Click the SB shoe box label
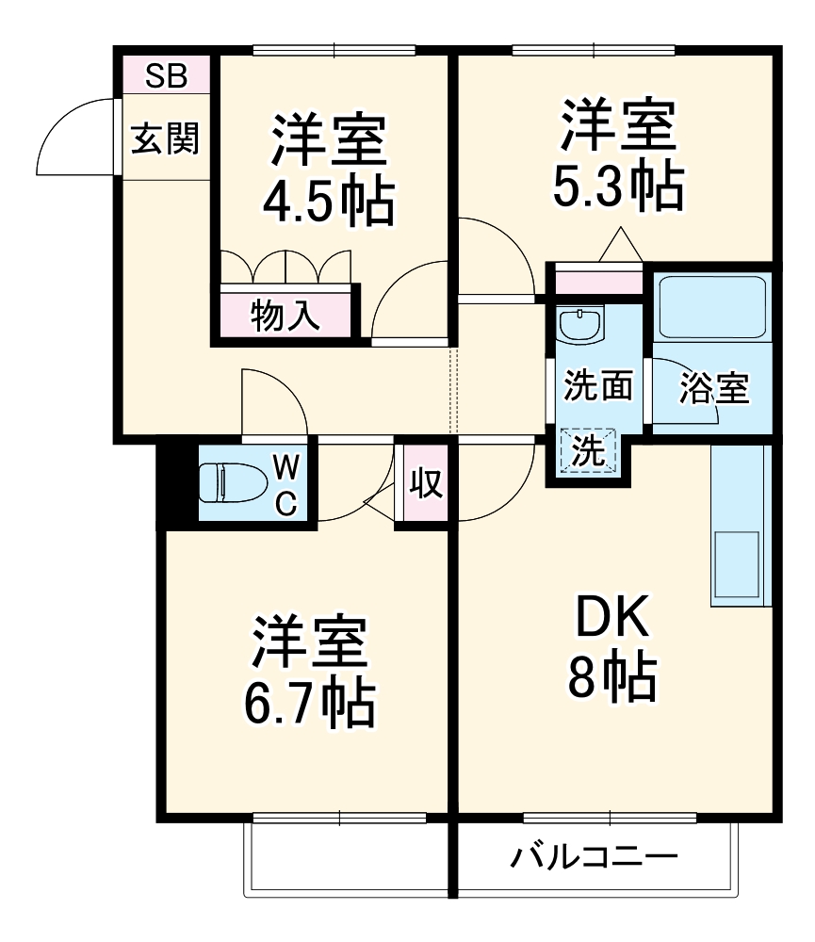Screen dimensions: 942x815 point(165,75)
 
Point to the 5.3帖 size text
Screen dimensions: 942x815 point(616,187)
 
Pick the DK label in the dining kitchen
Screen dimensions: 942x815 point(612,621)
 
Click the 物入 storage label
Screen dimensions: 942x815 point(285,317)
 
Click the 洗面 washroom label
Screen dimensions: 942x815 point(597,386)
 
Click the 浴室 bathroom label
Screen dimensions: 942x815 point(713,388)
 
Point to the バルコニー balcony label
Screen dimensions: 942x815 point(595,858)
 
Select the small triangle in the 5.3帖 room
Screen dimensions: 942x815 point(620,246)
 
